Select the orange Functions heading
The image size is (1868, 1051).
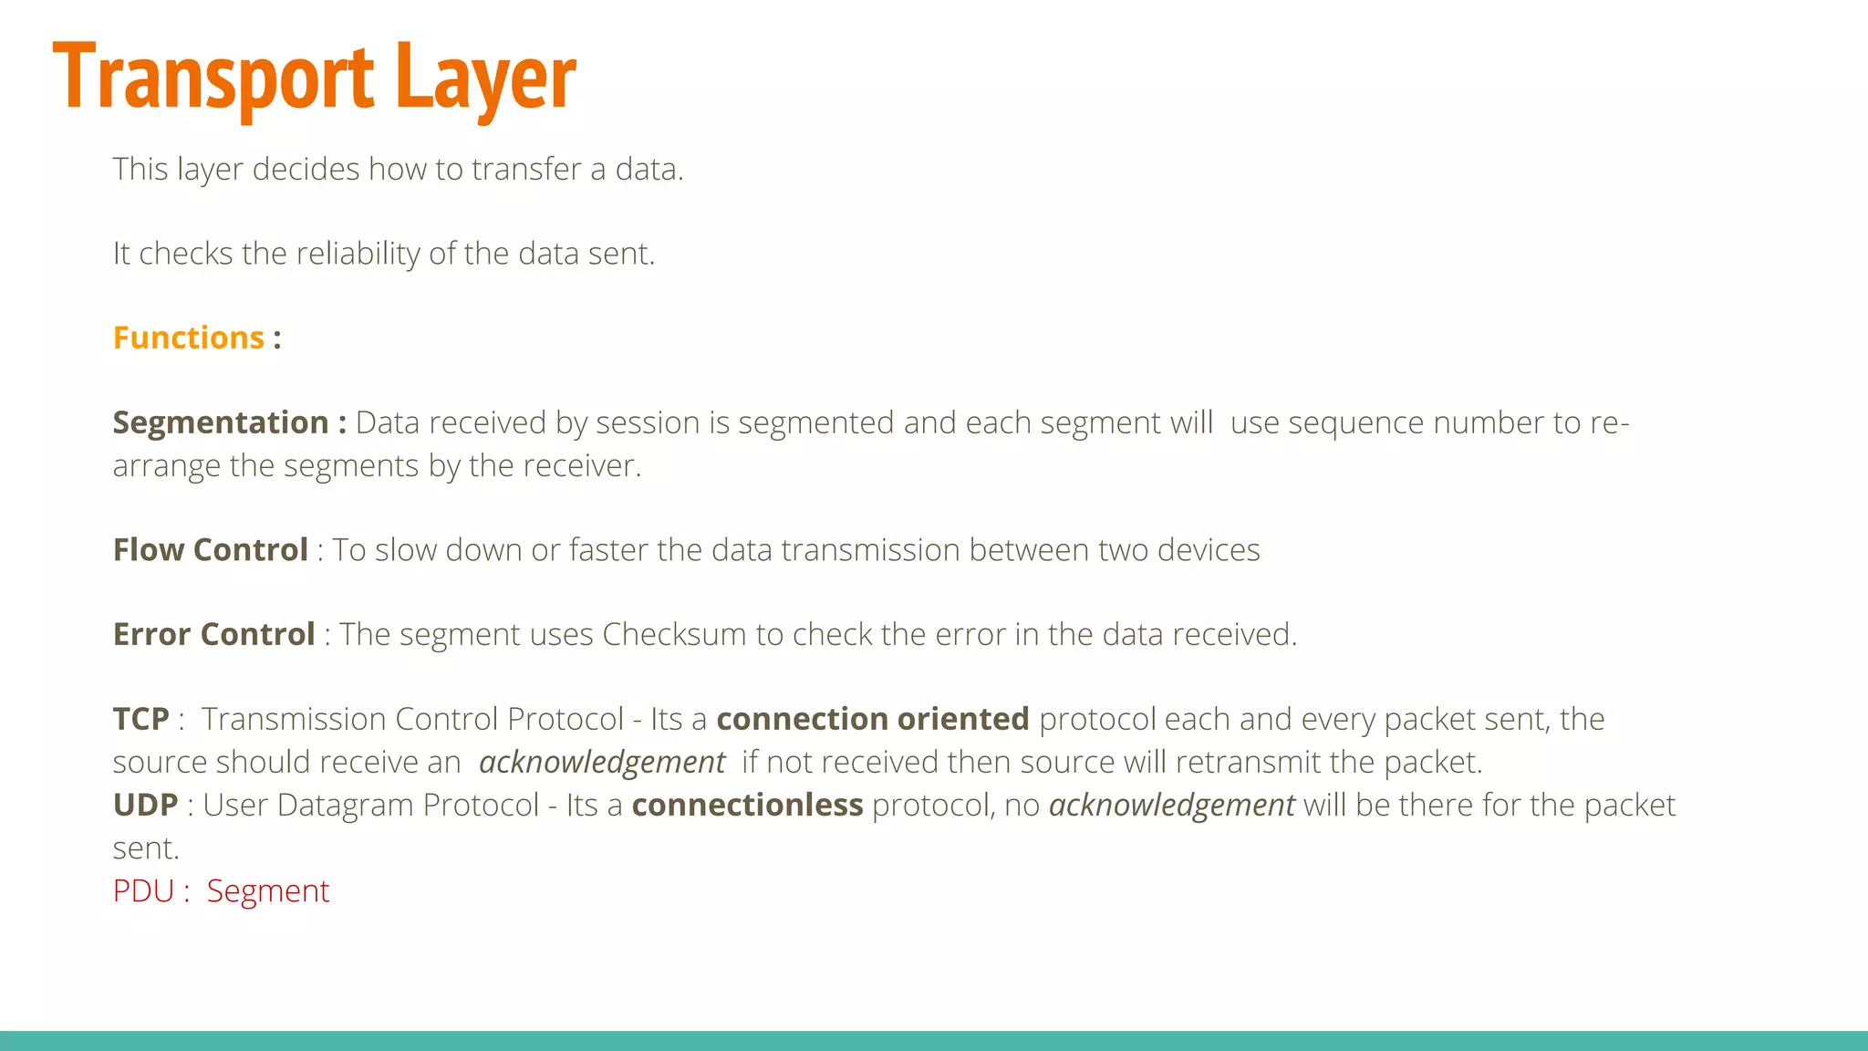tap(189, 338)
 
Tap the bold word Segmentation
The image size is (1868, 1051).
tap(221, 422)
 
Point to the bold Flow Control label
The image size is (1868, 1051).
tap(211, 550)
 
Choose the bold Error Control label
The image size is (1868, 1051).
tap(214, 634)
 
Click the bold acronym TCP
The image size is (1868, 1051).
tap(141, 719)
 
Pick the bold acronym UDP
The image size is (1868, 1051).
tap(146, 805)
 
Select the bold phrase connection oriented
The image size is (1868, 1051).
tap(873, 719)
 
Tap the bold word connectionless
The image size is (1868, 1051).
tap(747, 805)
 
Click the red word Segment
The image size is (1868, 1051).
tap(268, 890)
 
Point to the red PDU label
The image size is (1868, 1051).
tap(143, 890)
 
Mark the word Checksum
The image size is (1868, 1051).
tap(674, 634)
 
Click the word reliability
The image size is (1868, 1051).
tap(358, 254)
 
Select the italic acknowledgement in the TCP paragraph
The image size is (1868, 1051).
tap(602, 762)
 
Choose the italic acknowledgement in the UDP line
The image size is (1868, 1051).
tap(1172, 805)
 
